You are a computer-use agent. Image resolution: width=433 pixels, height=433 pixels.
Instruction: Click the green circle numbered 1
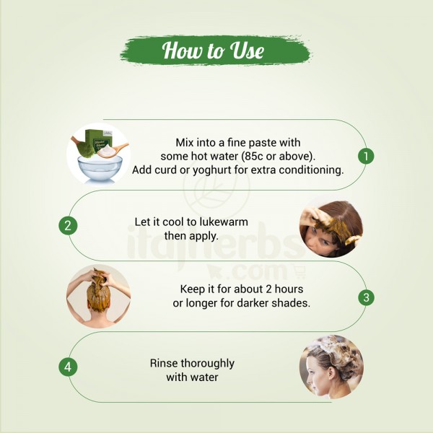click(x=366, y=156)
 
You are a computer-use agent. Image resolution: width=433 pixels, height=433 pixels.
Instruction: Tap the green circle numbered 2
click(x=68, y=226)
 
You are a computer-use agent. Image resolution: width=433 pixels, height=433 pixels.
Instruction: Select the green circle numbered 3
click(x=366, y=297)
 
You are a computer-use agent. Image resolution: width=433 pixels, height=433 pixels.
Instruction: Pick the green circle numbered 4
click(x=68, y=367)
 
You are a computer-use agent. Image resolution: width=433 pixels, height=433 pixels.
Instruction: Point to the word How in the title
click(x=181, y=51)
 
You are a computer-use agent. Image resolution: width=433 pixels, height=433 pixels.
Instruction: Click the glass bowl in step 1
click(x=100, y=170)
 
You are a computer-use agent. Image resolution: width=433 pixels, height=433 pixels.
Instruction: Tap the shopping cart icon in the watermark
click(x=299, y=271)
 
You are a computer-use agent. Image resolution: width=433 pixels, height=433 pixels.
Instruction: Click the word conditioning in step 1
click(x=311, y=170)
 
